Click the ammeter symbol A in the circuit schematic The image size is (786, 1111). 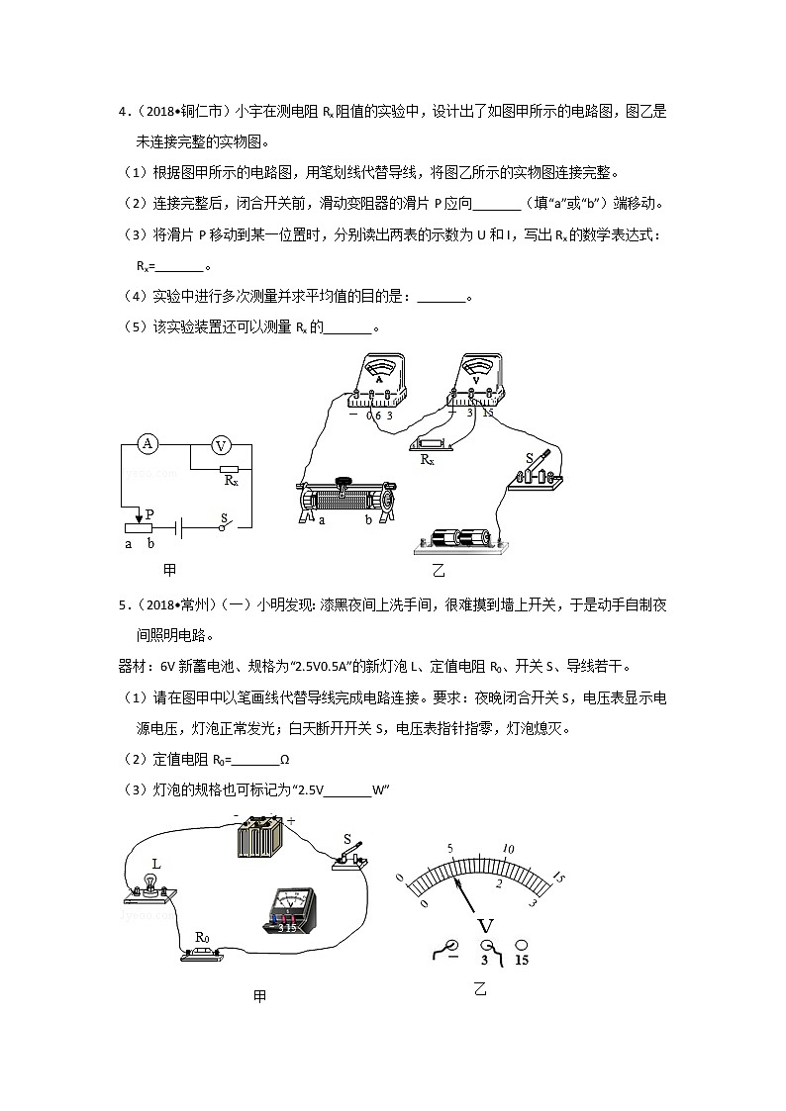coord(147,444)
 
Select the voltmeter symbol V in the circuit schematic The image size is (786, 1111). coord(222,444)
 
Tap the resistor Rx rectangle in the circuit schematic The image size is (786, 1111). coord(229,469)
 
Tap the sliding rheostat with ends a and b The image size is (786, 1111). coord(348,498)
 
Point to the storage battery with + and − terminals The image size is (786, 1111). coord(262,839)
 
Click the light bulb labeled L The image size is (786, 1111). coord(150,883)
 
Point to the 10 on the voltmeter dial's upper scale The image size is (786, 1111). coord(509,849)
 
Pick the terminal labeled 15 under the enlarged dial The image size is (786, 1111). coord(521,947)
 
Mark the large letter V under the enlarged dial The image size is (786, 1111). coord(485,925)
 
